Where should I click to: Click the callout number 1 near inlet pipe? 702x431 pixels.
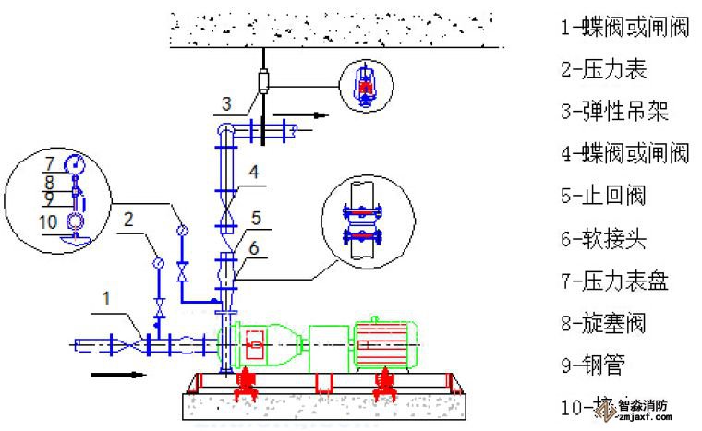[107, 298]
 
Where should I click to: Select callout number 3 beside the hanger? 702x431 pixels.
[226, 102]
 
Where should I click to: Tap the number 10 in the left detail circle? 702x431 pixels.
[49, 222]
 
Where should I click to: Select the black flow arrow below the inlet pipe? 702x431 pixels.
[119, 375]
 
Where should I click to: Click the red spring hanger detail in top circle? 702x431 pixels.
[368, 83]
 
